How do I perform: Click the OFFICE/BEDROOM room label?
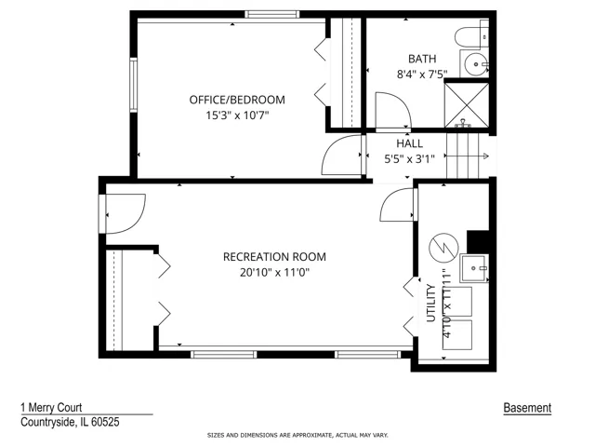pyautogui.click(x=237, y=100)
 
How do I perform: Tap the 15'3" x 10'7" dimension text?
pyautogui.click(x=237, y=115)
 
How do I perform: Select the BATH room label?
pyautogui.click(x=422, y=59)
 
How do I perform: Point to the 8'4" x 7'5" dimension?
pyautogui.click(x=422, y=74)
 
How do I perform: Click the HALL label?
pyautogui.click(x=409, y=143)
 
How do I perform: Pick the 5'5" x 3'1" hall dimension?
pyautogui.click(x=409, y=159)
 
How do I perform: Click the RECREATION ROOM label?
pyautogui.click(x=274, y=257)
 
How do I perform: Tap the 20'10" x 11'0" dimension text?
pyautogui.click(x=275, y=273)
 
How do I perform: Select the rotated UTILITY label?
pyautogui.click(x=431, y=303)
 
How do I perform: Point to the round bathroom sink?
pyautogui.click(x=476, y=64)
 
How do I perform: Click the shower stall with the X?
pyautogui.click(x=467, y=105)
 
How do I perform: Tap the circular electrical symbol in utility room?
pyautogui.click(x=443, y=248)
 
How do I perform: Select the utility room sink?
pyautogui.click(x=473, y=269)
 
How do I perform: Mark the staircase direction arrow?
pyautogui.click(x=467, y=156)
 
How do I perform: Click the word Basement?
pyautogui.click(x=527, y=408)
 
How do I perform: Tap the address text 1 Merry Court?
pyautogui.click(x=51, y=408)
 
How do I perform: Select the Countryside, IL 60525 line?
pyautogui.click(x=70, y=422)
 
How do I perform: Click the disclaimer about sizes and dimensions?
pyautogui.click(x=297, y=435)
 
